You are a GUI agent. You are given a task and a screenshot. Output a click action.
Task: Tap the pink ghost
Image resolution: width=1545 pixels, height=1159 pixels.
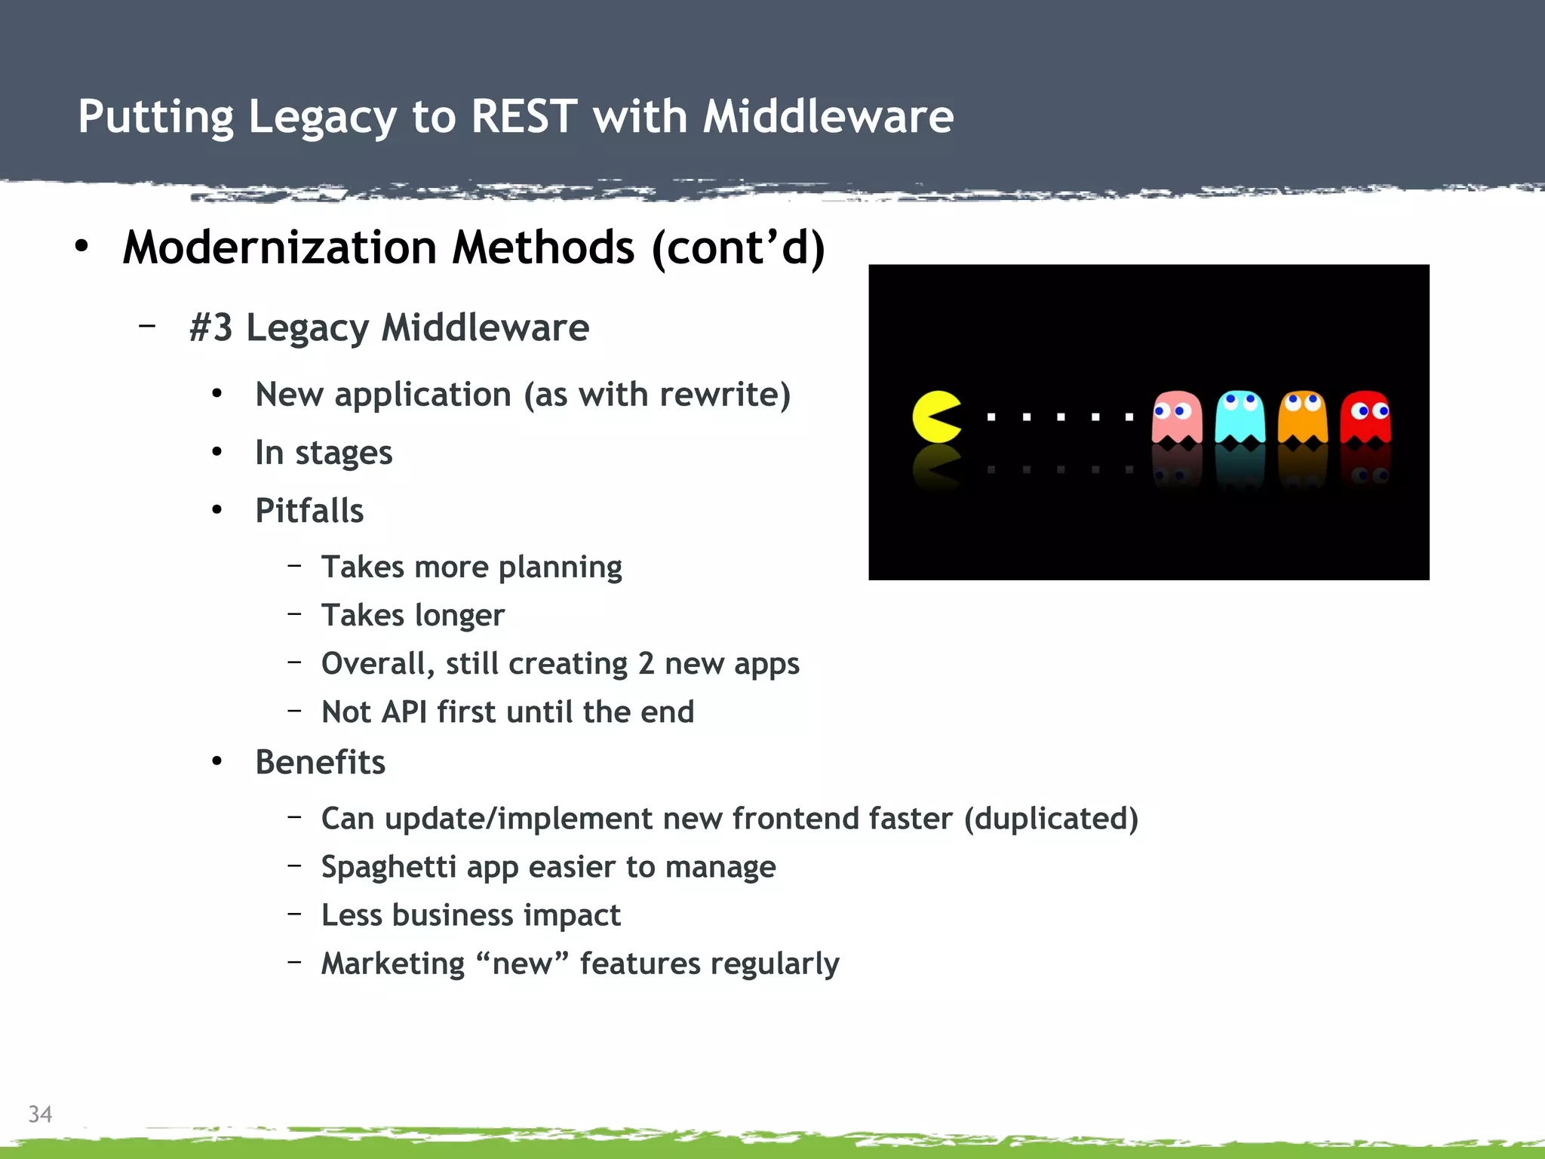[1176, 417]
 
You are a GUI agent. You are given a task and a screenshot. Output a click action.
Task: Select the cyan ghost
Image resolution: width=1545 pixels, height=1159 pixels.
[1239, 417]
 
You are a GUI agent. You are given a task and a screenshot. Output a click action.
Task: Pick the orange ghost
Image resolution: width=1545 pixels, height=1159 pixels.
[1302, 417]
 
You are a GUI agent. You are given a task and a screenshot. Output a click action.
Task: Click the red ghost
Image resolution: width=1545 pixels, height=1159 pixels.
[1365, 417]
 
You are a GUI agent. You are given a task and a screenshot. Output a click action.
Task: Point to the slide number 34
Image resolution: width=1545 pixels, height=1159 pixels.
[40, 1114]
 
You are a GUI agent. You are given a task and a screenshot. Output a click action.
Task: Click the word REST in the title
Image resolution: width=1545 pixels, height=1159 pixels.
[524, 117]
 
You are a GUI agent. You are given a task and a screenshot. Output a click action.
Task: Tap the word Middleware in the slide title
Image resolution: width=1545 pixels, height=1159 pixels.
[828, 117]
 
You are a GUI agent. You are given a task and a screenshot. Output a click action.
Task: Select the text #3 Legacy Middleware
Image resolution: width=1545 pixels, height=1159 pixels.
[389, 327]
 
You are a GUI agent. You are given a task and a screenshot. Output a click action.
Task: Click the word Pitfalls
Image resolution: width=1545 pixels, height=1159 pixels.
[309, 511]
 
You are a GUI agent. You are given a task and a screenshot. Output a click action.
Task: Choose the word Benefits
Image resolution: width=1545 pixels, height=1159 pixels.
[320, 762]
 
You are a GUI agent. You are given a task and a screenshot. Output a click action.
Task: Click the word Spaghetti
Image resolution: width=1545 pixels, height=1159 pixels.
[388, 867]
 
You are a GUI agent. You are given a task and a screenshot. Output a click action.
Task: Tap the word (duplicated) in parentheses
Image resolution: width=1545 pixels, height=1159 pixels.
[1051, 819]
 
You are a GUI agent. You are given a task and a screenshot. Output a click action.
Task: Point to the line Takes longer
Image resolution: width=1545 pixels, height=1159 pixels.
[413, 615]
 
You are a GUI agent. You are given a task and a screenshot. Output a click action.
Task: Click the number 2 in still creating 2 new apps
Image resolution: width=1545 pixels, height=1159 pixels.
[646, 664]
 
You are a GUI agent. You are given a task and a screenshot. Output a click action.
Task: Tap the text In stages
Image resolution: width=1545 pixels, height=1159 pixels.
[324, 453]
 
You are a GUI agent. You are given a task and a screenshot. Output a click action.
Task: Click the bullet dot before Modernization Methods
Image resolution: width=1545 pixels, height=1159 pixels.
[81, 246]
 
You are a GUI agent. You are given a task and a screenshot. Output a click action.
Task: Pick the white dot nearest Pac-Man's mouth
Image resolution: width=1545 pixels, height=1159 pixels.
[991, 417]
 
